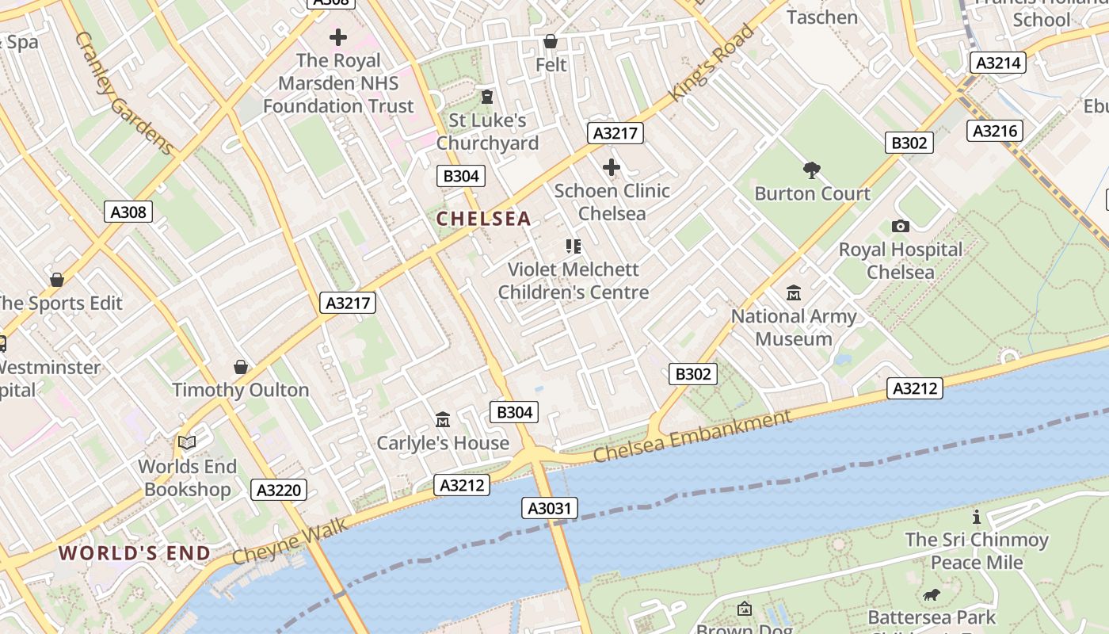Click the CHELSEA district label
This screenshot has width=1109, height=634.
pos(483,219)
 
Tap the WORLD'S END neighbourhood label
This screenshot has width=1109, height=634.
pos(135,553)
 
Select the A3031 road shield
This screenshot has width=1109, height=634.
pos(550,508)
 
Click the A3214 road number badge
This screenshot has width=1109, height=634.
pos(998,63)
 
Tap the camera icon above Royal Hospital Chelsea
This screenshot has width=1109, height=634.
pos(900,227)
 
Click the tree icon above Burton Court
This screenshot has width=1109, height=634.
pos(811,170)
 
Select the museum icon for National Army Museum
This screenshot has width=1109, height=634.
pos(793,293)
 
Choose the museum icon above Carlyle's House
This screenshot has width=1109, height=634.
pos(443,419)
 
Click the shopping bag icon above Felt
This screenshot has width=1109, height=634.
pos(551,41)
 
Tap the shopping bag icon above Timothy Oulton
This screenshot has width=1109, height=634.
pos(241,367)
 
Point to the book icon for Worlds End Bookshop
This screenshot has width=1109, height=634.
pos(187,442)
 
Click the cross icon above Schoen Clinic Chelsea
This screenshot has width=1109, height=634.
pos(611,167)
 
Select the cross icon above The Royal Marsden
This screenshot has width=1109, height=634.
pos(338,37)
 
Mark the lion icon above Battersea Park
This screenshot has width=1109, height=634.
pos(931,594)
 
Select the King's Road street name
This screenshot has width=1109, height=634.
pos(712,63)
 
